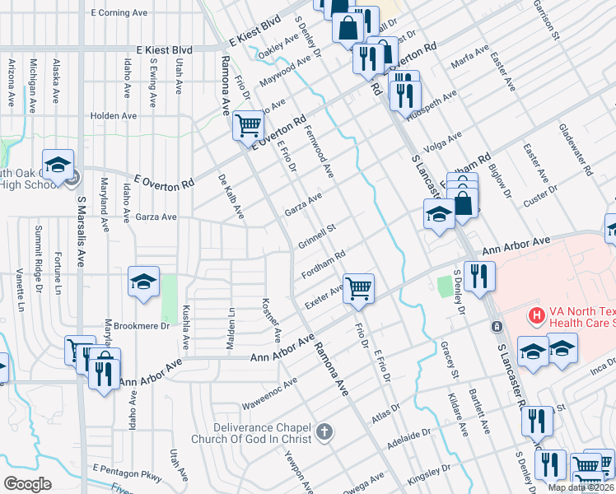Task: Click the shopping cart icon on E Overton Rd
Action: click(248, 126)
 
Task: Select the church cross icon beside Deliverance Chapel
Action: click(324, 432)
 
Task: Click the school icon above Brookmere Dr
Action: click(143, 282)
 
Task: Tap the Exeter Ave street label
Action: click(324, 296)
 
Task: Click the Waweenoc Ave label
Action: click(269, 395)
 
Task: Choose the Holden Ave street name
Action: click(114, 116)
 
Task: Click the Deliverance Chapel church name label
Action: click(262, 433)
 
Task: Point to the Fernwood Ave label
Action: click(320, 151)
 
